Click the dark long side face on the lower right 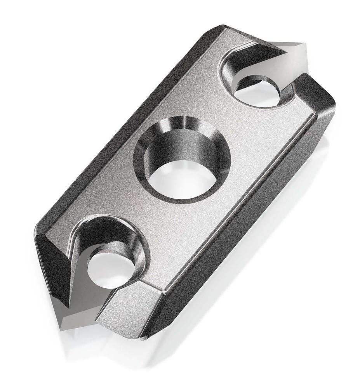pos(241,233)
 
